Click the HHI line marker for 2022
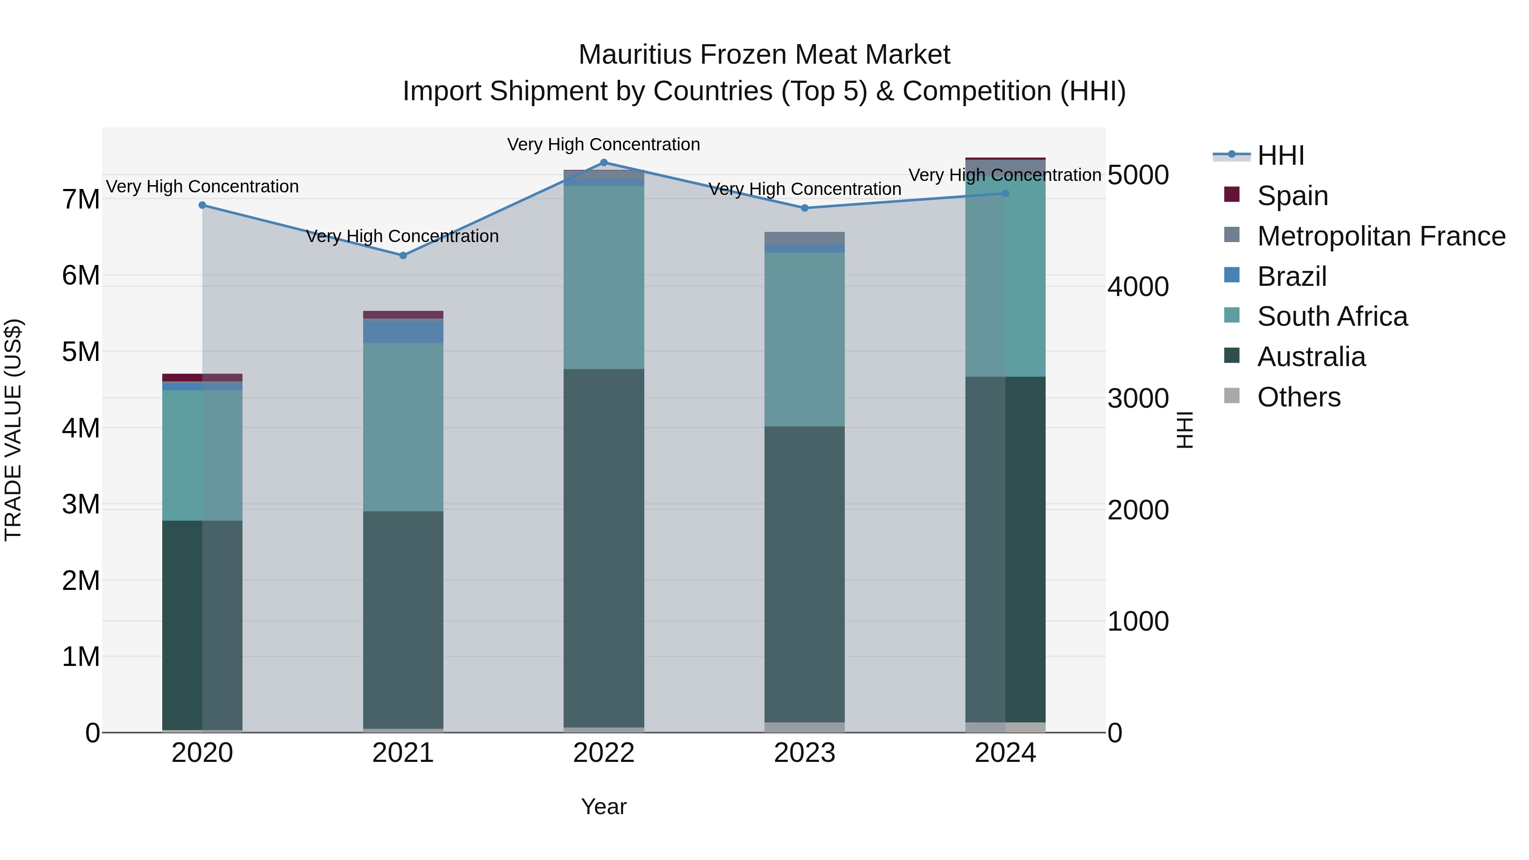(604, 163)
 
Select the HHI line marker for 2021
(403, 256)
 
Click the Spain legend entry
(1292, 196)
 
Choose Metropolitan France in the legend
(1381, 236)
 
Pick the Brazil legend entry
(1292, 276)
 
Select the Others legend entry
(1299, 397)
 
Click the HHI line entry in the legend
(1280, 155)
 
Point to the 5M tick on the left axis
(81, 352)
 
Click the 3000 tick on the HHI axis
(1138, 398)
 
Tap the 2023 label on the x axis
(804, 753)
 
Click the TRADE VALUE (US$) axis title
(13, 430)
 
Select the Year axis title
(604, 806)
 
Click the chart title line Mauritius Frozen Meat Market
(764, 55)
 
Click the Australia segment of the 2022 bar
(604, 546)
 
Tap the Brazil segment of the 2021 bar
(403, 332)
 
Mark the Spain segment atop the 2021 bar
(403, 315)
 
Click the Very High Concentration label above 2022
(604, 145)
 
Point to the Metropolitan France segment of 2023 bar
(804, 238)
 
